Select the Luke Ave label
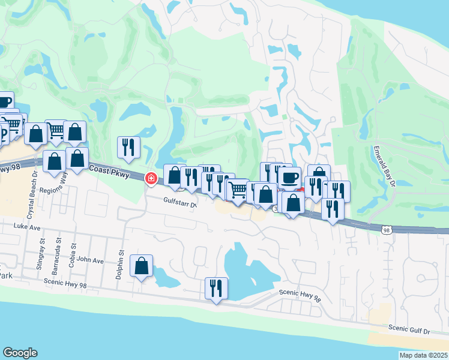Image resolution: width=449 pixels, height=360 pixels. [x=26, y=227]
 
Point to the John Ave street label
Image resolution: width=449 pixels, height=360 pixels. [x=90, y=261]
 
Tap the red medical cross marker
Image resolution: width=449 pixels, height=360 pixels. [x=151, y=178]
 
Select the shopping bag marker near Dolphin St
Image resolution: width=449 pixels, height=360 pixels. [x=141, y=266]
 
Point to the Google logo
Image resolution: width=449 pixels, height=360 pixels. [x=20, y=352]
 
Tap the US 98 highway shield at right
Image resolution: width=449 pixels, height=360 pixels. [x=387, y=229]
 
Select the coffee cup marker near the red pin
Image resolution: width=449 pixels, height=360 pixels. [x=289, y=177]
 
